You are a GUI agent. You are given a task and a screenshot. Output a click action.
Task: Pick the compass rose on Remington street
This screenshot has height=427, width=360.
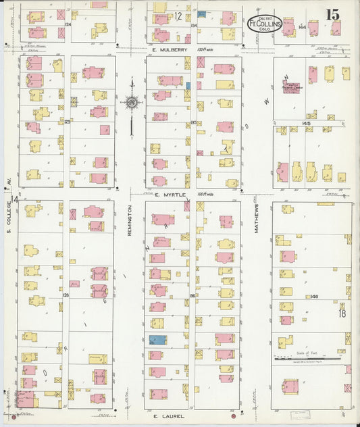coord(132,102)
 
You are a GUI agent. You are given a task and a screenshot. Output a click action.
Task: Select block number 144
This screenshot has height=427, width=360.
coord(302,26)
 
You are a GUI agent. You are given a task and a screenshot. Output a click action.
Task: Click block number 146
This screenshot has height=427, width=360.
coord(314,297)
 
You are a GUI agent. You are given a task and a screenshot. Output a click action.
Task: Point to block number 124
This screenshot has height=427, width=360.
coord(67,24)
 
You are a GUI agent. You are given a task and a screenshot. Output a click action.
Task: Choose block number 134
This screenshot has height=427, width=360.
coord(193,26)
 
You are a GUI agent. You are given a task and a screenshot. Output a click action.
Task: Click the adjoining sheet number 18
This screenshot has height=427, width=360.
coord(342,313)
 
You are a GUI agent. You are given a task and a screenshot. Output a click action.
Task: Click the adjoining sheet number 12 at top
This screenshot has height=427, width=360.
coord(178,15)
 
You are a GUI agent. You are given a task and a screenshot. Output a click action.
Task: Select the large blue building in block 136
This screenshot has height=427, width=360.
coord(157,340)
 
